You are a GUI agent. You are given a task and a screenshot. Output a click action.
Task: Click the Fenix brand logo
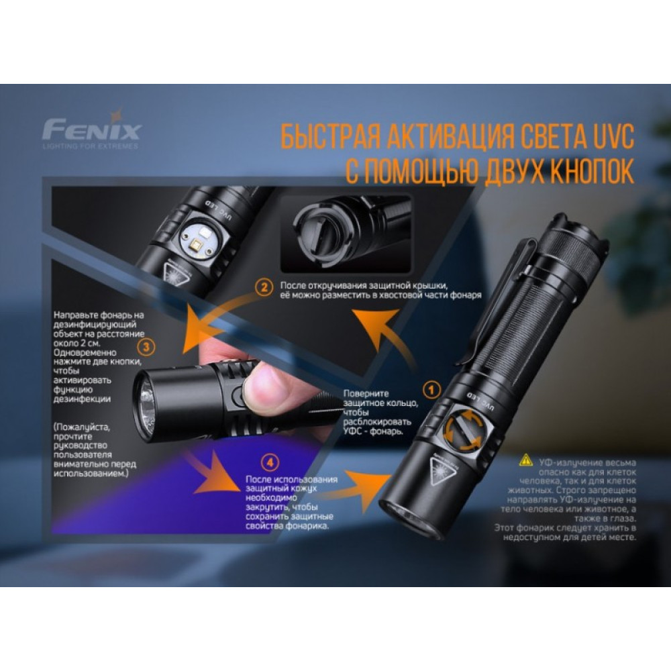click(91, 127)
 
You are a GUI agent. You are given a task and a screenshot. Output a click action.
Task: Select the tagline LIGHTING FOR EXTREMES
click(91, 145)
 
